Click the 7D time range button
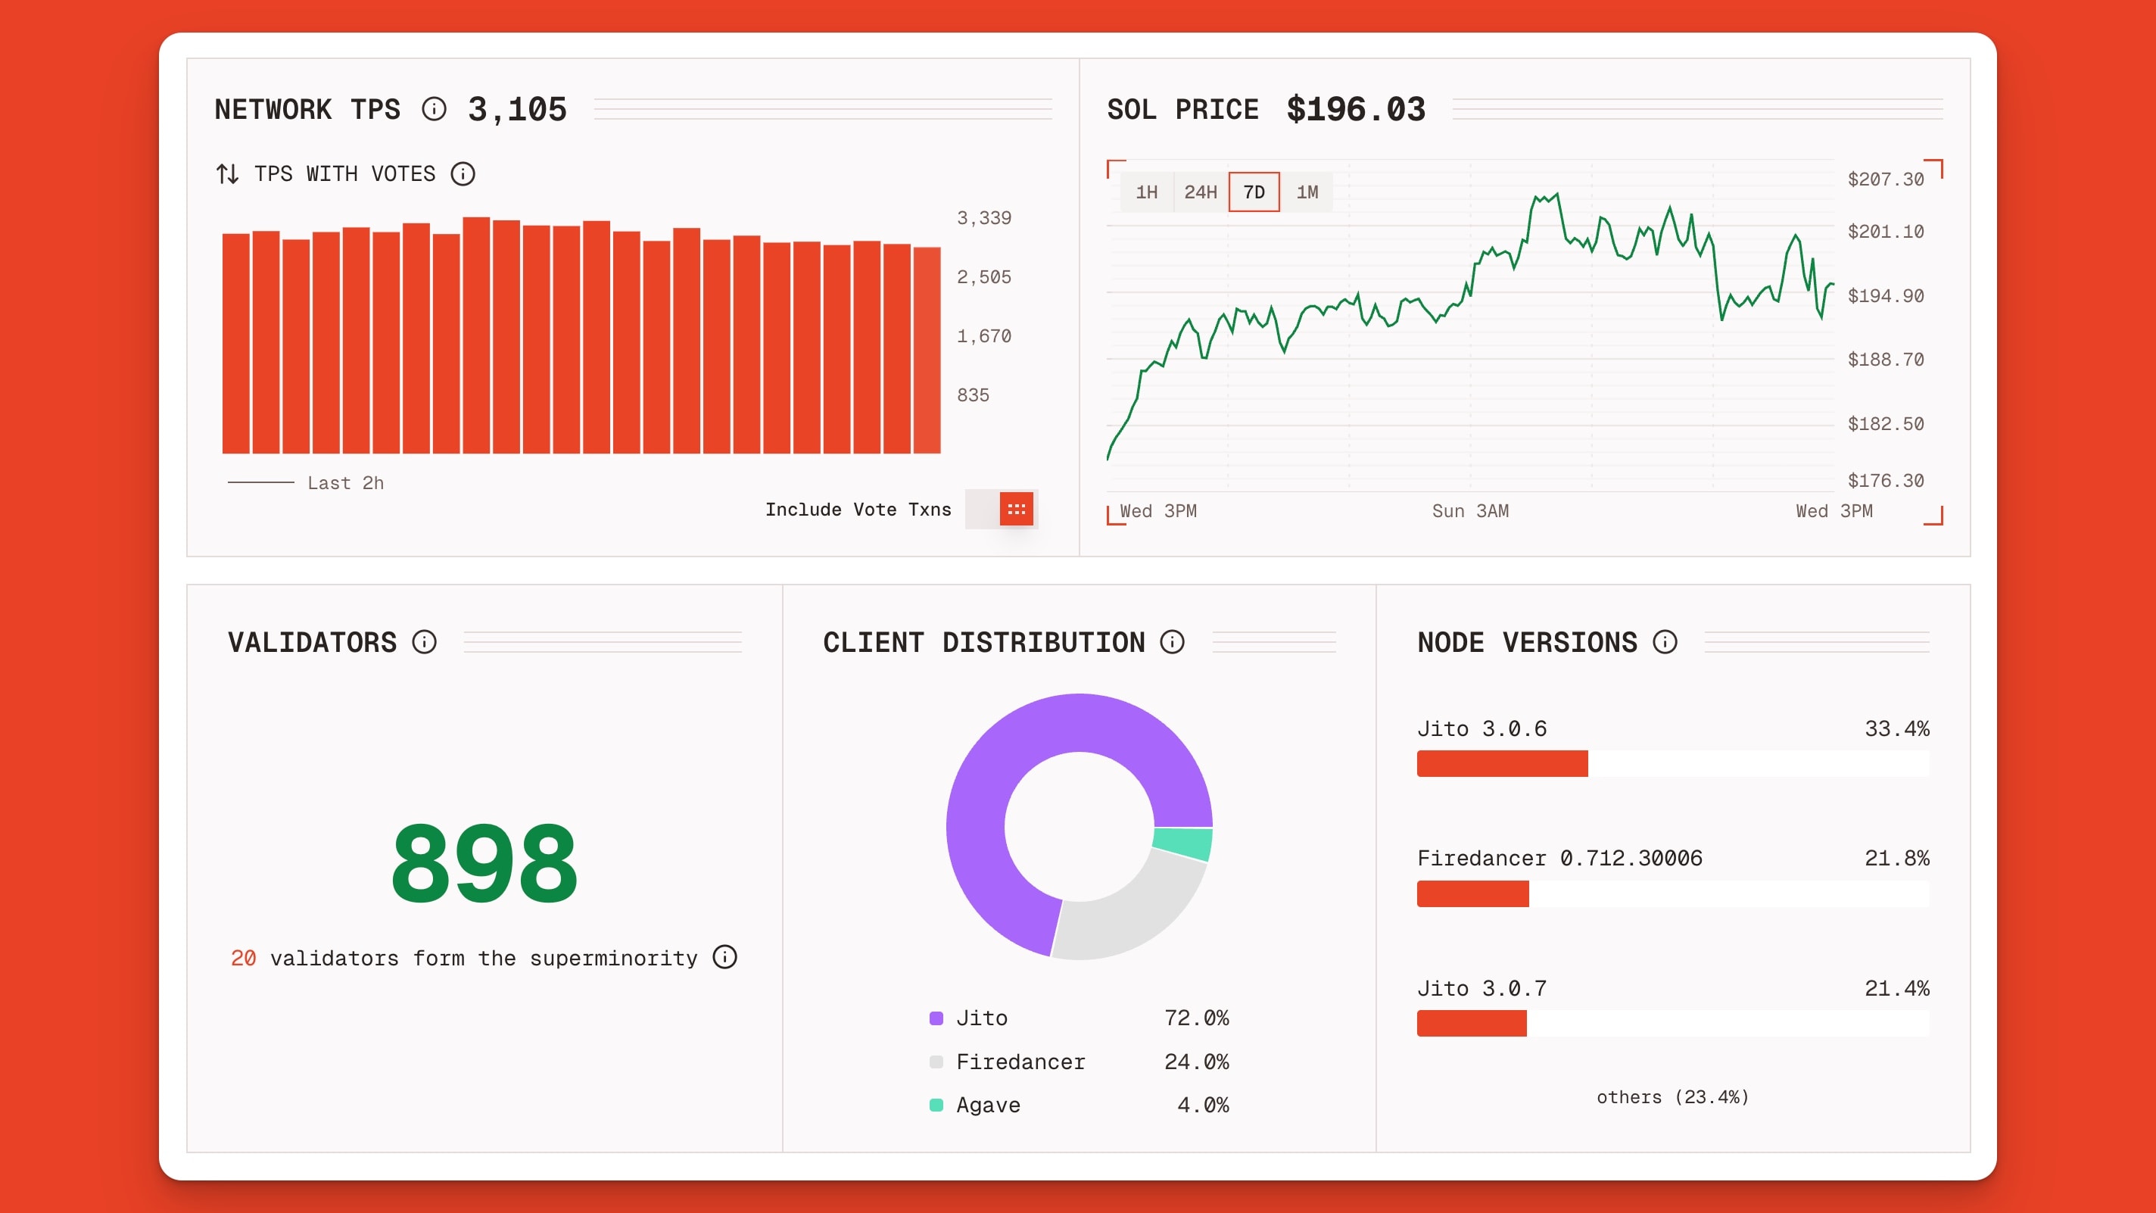[x=1253, y=192]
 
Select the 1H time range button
[x=1146, y=192]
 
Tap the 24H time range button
[x=1199, y=192]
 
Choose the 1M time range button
[x=1307, y=192]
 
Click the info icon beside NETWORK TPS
[x=434, y=109]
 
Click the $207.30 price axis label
[x=1885, y=179]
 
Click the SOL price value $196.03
[x=1355, y=110]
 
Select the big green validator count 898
[x=484, y=865]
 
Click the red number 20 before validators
[x=243, y=958]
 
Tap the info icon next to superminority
[x=724, y=957]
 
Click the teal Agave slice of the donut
[x=1183, y=843]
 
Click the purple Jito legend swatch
[x=936, y=1018]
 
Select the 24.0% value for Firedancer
[x=1196, y=1062]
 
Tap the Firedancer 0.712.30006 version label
[x=1559, y=858]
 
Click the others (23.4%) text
[x=1672, y=1096]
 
